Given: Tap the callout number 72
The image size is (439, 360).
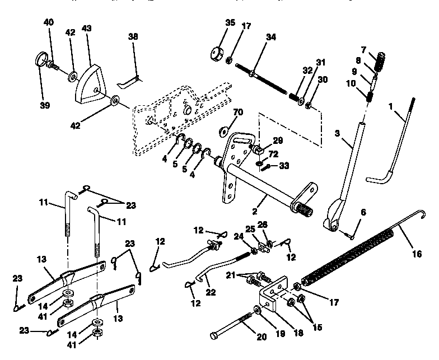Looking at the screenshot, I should coord(274,153).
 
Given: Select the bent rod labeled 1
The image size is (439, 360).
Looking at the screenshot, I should coord(392,143).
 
